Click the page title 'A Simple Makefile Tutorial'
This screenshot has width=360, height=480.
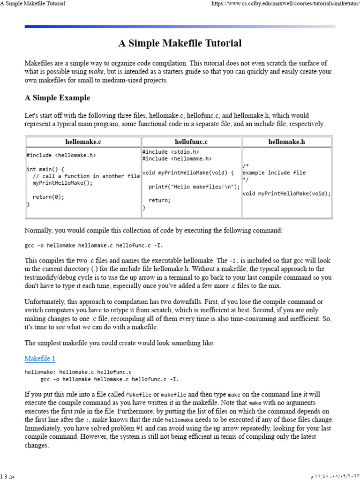pyautogui.click(x=180, y=44)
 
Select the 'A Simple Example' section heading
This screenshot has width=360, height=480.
pyautogui.click(x=57, y=98)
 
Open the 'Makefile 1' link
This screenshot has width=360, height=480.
pyautogui.click(x=40, y=359)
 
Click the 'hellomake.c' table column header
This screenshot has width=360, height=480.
pyautogui.click(x=83, y=141)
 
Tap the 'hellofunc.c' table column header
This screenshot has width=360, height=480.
pyautogui.click(x=191, y=141)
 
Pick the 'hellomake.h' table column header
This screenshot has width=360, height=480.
pyautogui.click(x=286, y=141)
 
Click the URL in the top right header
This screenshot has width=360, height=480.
pyautogui.click(x=285, y=4)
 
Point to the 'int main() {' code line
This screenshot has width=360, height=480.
pyautogui.click(x=45, y=169)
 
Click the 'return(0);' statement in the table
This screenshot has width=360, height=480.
pyautogui.click(x=48, y=197)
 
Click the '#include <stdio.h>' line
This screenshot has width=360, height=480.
pyautogui.click(x=171, y=152)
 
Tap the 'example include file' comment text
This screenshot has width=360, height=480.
pyautogui.click(x=274, y=172)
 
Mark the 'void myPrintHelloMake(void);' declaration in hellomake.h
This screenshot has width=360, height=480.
pyautogui.click(x=286, y=193)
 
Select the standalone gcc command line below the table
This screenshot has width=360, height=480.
pyautogui.click(x=94, y=245)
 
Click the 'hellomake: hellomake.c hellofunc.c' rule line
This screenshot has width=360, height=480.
pyautogui.click(x=78, y=372)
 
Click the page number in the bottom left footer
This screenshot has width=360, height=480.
pyautogui.click(x=8, y=476)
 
